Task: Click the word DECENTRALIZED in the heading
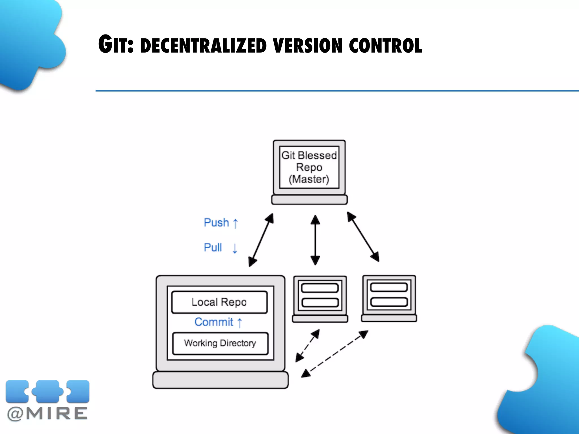[203, 46]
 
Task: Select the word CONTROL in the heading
[385, 46]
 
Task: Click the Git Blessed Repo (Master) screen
[309, 167]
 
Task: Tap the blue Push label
[216, 223]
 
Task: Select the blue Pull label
[213, 248]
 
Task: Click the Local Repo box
[219, 302]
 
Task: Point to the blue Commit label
[214, 322]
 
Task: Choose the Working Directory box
[220, 343]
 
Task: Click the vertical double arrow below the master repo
[315, 240]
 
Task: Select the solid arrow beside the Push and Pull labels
[261, 240]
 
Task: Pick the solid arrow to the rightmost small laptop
[363, 237]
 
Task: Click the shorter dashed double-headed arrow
[308, 346]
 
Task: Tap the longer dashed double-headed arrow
[334, 354]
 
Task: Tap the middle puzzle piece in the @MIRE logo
[47, 391]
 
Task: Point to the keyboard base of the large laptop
[221, 380]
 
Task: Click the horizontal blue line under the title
[336, 91]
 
